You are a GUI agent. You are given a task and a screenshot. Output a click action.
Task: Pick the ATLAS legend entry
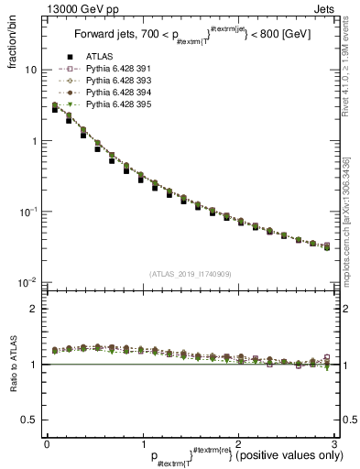click(x=96, y=58)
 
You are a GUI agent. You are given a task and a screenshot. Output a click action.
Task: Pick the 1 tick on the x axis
click(x=142, y=444)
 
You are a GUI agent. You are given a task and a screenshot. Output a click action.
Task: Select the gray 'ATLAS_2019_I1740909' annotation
click(x=189, y=273)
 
